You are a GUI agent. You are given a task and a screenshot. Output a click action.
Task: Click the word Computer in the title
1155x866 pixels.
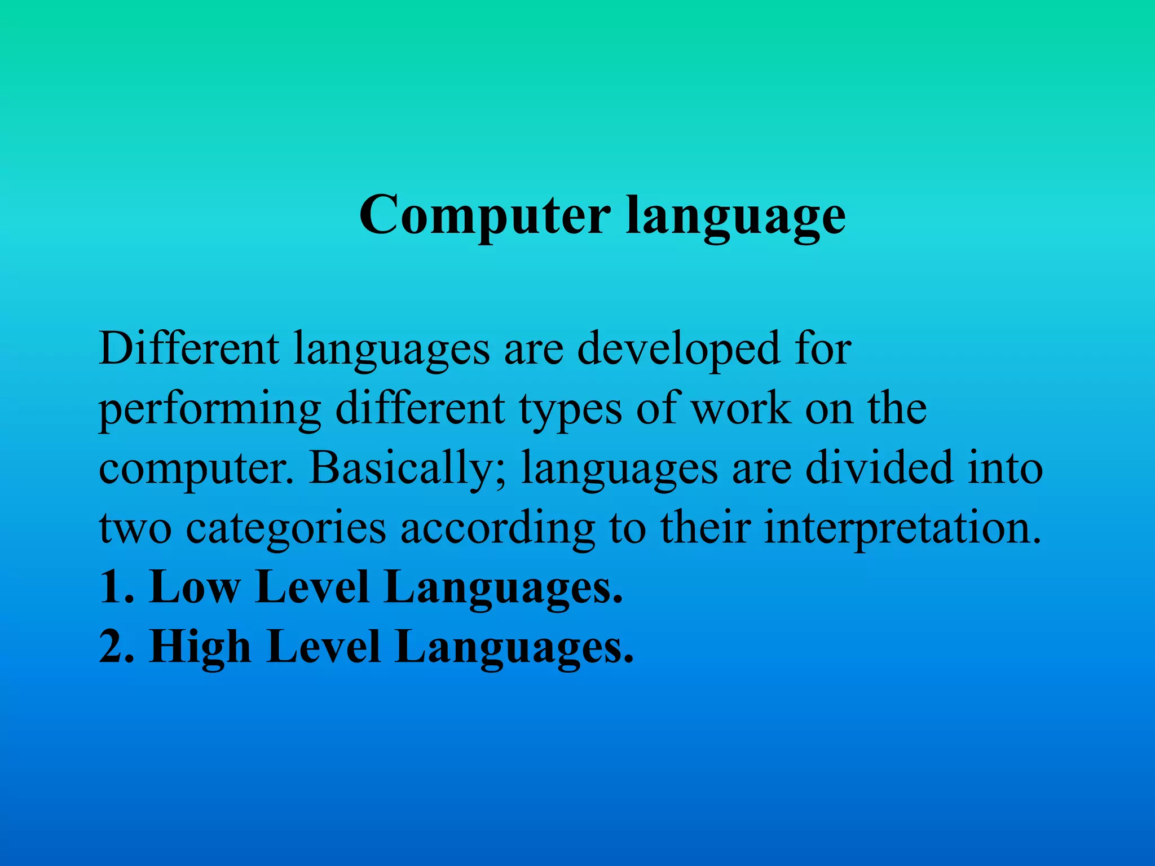tap(484, 216)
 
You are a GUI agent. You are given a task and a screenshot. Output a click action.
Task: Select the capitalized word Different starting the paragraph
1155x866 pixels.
tap(189, 349)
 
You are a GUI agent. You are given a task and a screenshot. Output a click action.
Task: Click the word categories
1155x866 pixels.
tap(286, 529)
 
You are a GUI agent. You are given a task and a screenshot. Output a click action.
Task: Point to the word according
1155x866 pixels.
tap(497, 529)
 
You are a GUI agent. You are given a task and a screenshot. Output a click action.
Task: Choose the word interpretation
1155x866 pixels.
tap(902, 529)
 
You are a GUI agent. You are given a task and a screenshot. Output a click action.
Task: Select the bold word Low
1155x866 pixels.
tap(194, 587)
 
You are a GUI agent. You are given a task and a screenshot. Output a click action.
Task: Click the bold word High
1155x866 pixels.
tap(200, 647)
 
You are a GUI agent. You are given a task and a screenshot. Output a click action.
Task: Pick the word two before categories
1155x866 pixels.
tap(135, 528)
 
